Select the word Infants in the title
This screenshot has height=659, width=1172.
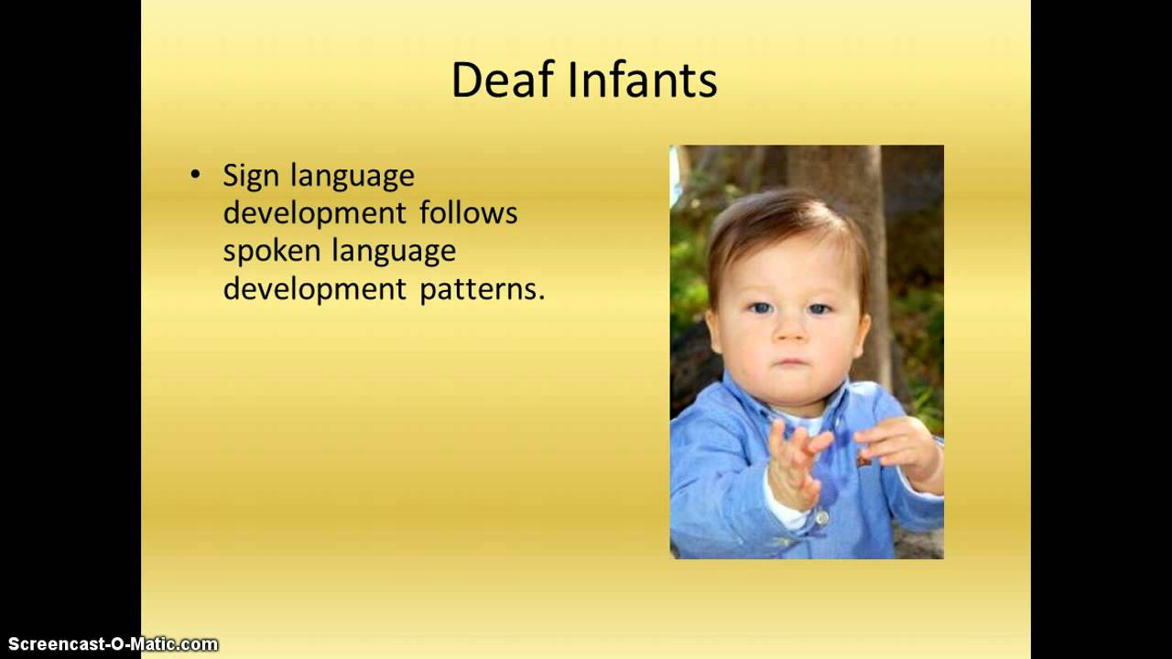point(642,81)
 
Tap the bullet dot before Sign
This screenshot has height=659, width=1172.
point(194,174)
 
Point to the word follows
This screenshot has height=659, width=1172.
point(469,213)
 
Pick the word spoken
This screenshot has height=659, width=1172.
point(272,252)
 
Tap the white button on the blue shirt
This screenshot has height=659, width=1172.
point(820,519)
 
